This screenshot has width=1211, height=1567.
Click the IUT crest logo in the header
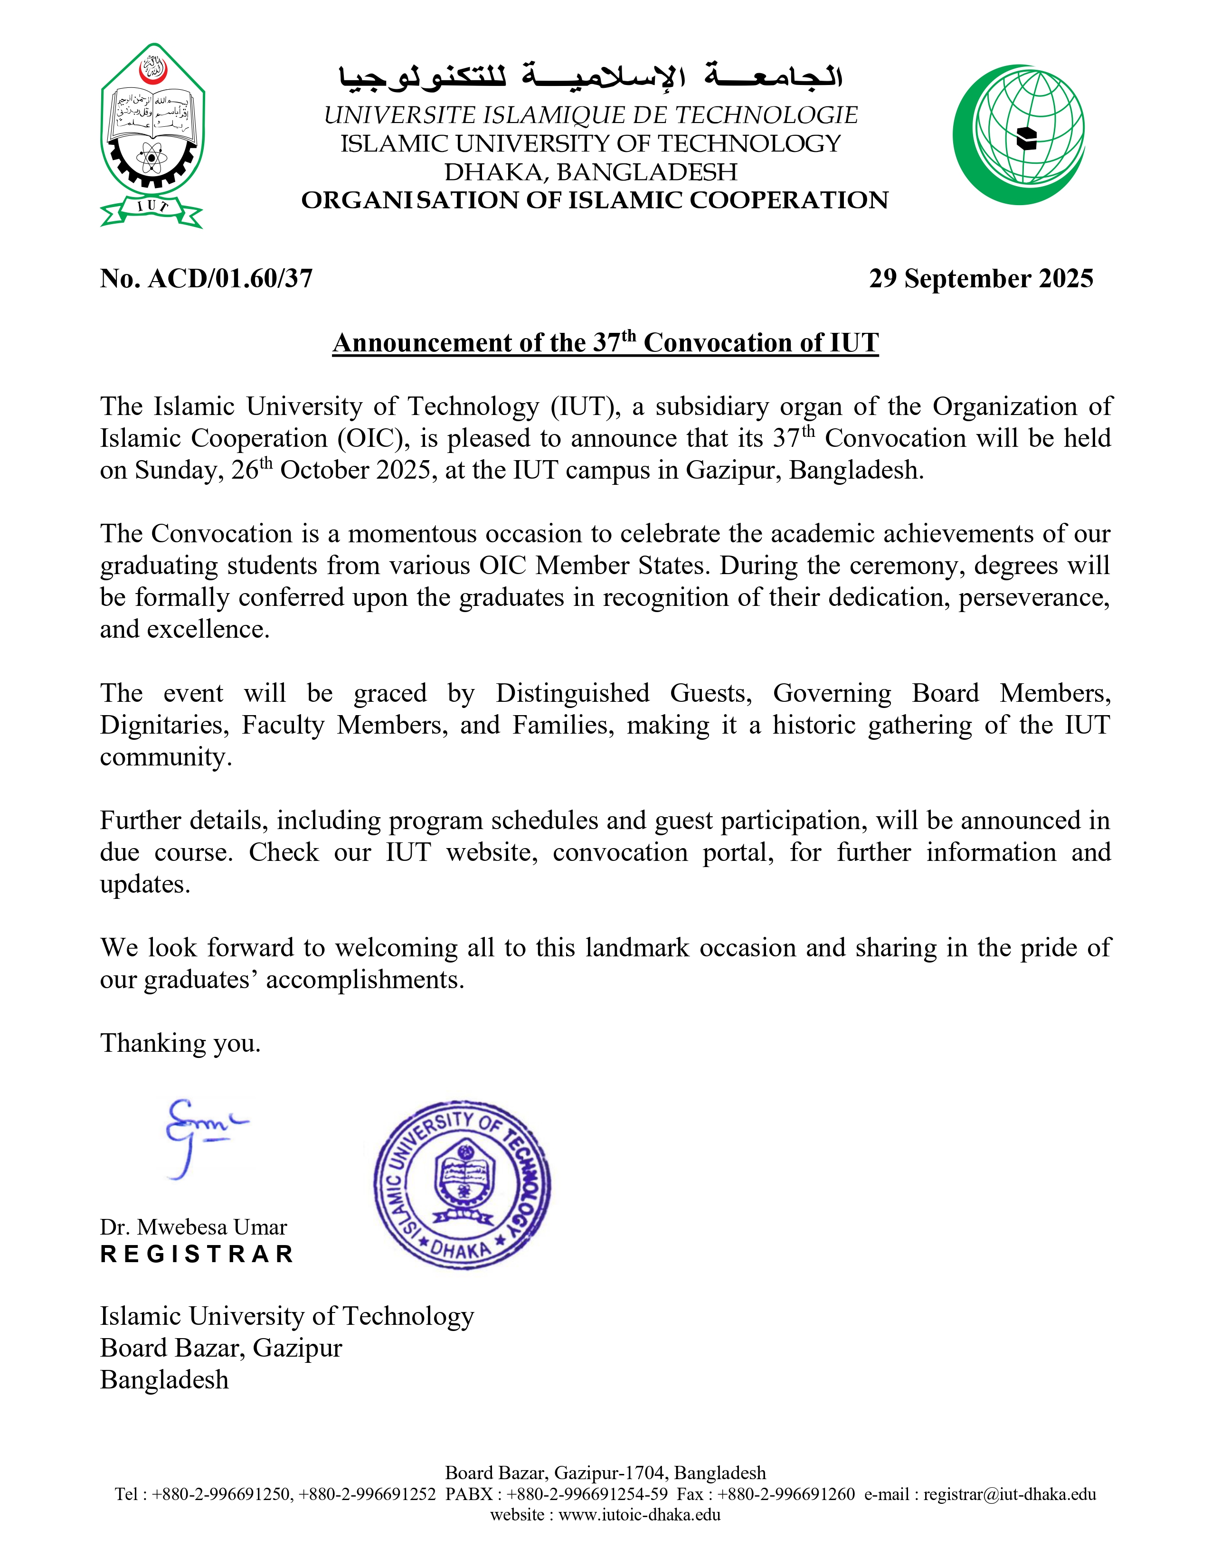[152, 135]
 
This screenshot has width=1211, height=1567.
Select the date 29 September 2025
[981, 278]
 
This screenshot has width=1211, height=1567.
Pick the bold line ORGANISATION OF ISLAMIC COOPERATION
[594, 200]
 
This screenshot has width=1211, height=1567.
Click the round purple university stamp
[462, 1185]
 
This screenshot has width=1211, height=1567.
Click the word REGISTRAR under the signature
[197, 1254]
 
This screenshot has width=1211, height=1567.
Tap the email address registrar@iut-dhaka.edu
[1010, 1494]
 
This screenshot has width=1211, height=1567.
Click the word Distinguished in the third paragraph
[572, 693]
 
